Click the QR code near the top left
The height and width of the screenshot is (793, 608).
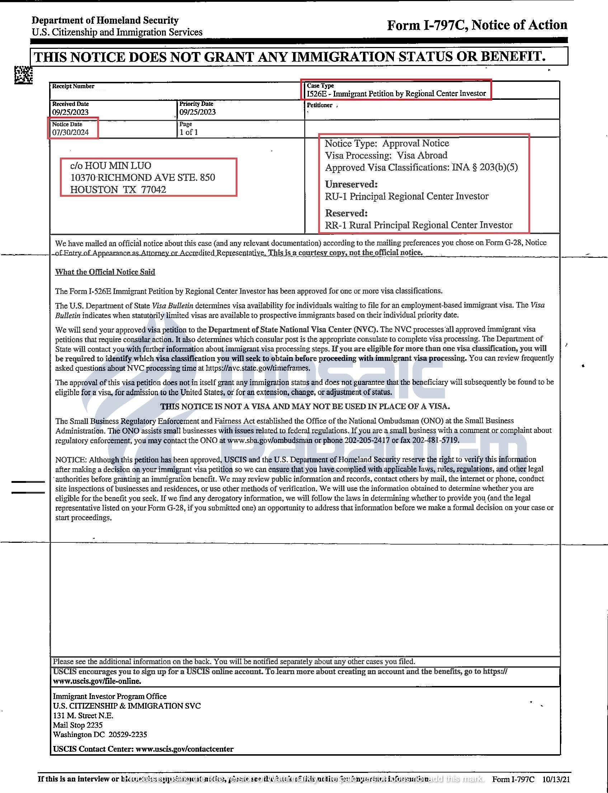tap(24, 75)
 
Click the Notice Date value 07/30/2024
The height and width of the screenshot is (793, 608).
tap(70, 132)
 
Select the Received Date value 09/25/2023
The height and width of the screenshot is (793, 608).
tap(70, 112)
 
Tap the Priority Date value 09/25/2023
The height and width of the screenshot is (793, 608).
tap(198, 112)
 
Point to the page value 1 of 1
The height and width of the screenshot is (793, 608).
tap(189, 132)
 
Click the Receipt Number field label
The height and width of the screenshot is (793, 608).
tap(73, 86)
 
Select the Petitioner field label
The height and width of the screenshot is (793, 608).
tap(319, 106)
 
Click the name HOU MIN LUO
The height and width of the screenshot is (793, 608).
tap(118, 165)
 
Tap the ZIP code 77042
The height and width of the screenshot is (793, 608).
tap(154, 190)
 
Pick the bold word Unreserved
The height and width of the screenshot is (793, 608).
tap(351, 184)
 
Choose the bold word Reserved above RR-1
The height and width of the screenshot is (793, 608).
tap(346, 213)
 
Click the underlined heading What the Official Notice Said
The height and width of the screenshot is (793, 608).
tap(105, 272)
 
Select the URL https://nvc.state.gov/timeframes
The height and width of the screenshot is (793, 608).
tap(258, 368)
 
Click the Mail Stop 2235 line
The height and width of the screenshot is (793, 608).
tap(78, 725)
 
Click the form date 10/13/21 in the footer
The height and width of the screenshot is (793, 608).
tap(556, 779)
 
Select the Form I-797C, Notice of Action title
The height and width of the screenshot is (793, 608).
tap(477, 25)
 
